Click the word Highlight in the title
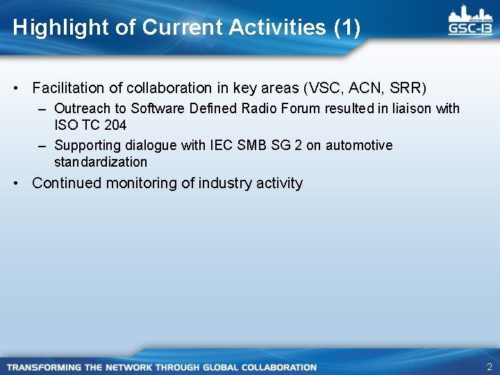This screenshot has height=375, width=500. pyautogui.click(x=52, y=28)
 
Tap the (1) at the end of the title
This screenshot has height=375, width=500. pyautogui.click(x=347, y=28)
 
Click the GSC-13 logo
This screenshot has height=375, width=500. pyautogui.click(x=471, y=22)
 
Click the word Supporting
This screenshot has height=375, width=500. pyautogui.click(x=87, y=145)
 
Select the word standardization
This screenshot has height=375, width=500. pyautogui.click(x=101, y=162)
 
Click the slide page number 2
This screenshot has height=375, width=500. pyautogui.click(x=489, y=367)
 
